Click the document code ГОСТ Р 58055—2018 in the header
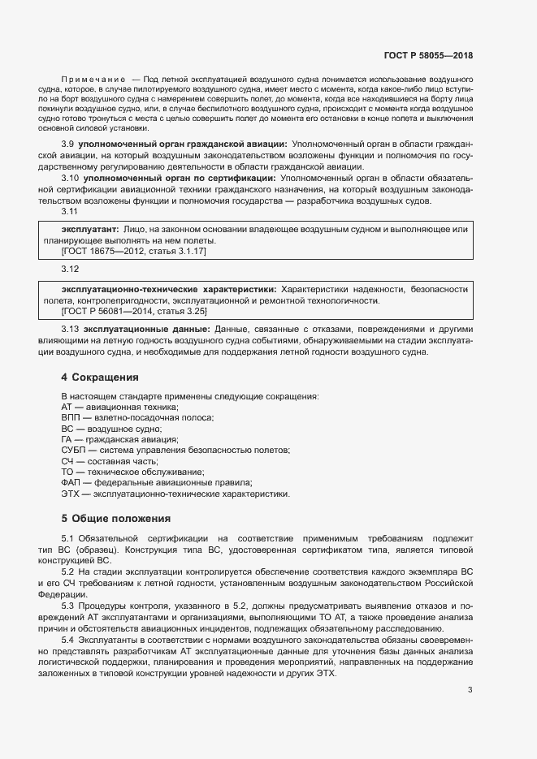427,55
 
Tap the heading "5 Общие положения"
115,518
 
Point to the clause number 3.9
68,144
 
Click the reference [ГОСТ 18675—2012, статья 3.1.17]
134,252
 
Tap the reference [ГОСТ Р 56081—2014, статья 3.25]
134,311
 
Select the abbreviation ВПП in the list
70,417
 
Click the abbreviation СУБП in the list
73,450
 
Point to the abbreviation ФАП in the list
71,482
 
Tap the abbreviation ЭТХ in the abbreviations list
70,494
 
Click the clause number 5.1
68,539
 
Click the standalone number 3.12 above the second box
70,269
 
